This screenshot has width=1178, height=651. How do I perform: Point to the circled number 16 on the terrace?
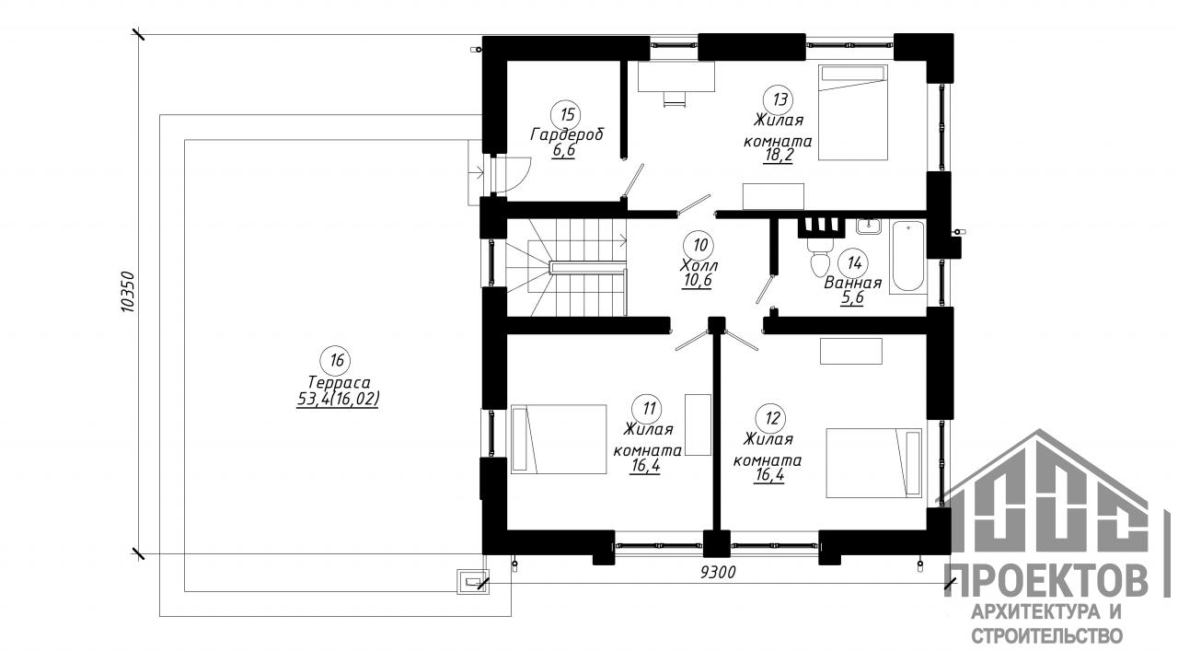336,361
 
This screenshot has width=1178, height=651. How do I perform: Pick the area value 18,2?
779,156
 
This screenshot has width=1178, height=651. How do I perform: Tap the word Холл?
699,264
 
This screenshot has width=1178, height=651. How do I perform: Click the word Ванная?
852,283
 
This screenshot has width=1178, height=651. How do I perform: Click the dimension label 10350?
128,293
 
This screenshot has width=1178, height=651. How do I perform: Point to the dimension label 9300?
718,572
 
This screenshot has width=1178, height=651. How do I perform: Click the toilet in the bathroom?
820,259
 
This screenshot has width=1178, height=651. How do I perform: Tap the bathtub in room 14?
908,256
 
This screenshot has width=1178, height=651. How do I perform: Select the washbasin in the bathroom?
868,227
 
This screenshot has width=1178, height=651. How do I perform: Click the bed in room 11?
559,439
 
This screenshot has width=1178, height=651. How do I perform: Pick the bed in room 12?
873,463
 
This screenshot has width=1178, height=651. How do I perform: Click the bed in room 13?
852,112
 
